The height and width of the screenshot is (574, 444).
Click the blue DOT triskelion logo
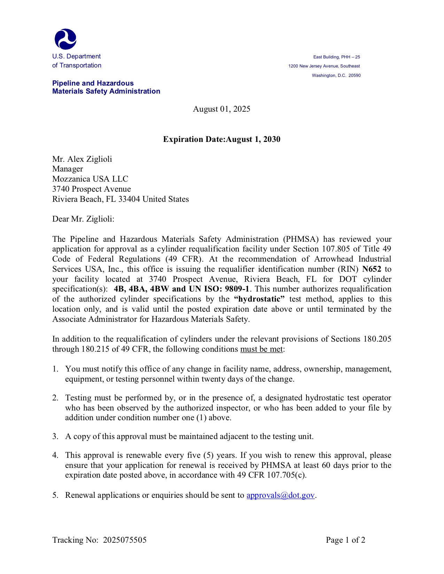pos(65,39)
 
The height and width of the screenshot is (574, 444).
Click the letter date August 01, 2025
pos(221,109)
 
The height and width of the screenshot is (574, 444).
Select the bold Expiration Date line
pos(221,139)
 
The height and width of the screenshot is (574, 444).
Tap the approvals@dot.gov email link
pos(280,495)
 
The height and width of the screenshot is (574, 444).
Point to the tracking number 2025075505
pos(125,540)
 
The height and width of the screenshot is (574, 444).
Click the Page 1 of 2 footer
pos(345,540)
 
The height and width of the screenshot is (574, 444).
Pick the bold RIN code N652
pos(372,269)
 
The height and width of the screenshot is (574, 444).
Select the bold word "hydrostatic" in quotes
pos(259,299)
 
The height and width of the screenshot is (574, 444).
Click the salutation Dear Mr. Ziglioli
pos(83,219)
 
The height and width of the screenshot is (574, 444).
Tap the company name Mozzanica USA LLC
pos(90,179)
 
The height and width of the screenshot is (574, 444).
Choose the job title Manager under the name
pos(68,169)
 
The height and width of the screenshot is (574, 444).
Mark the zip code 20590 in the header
pos(355,75)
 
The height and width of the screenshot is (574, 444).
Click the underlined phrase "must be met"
pos(262,349)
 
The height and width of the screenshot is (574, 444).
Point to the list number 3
pos(55,437)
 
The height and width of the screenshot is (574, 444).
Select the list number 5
pos(55,495)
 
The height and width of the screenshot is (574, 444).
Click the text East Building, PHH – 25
pos(336,57)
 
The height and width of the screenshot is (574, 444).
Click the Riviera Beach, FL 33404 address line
pos(120,199)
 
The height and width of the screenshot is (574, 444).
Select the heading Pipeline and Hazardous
pos(93,83)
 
